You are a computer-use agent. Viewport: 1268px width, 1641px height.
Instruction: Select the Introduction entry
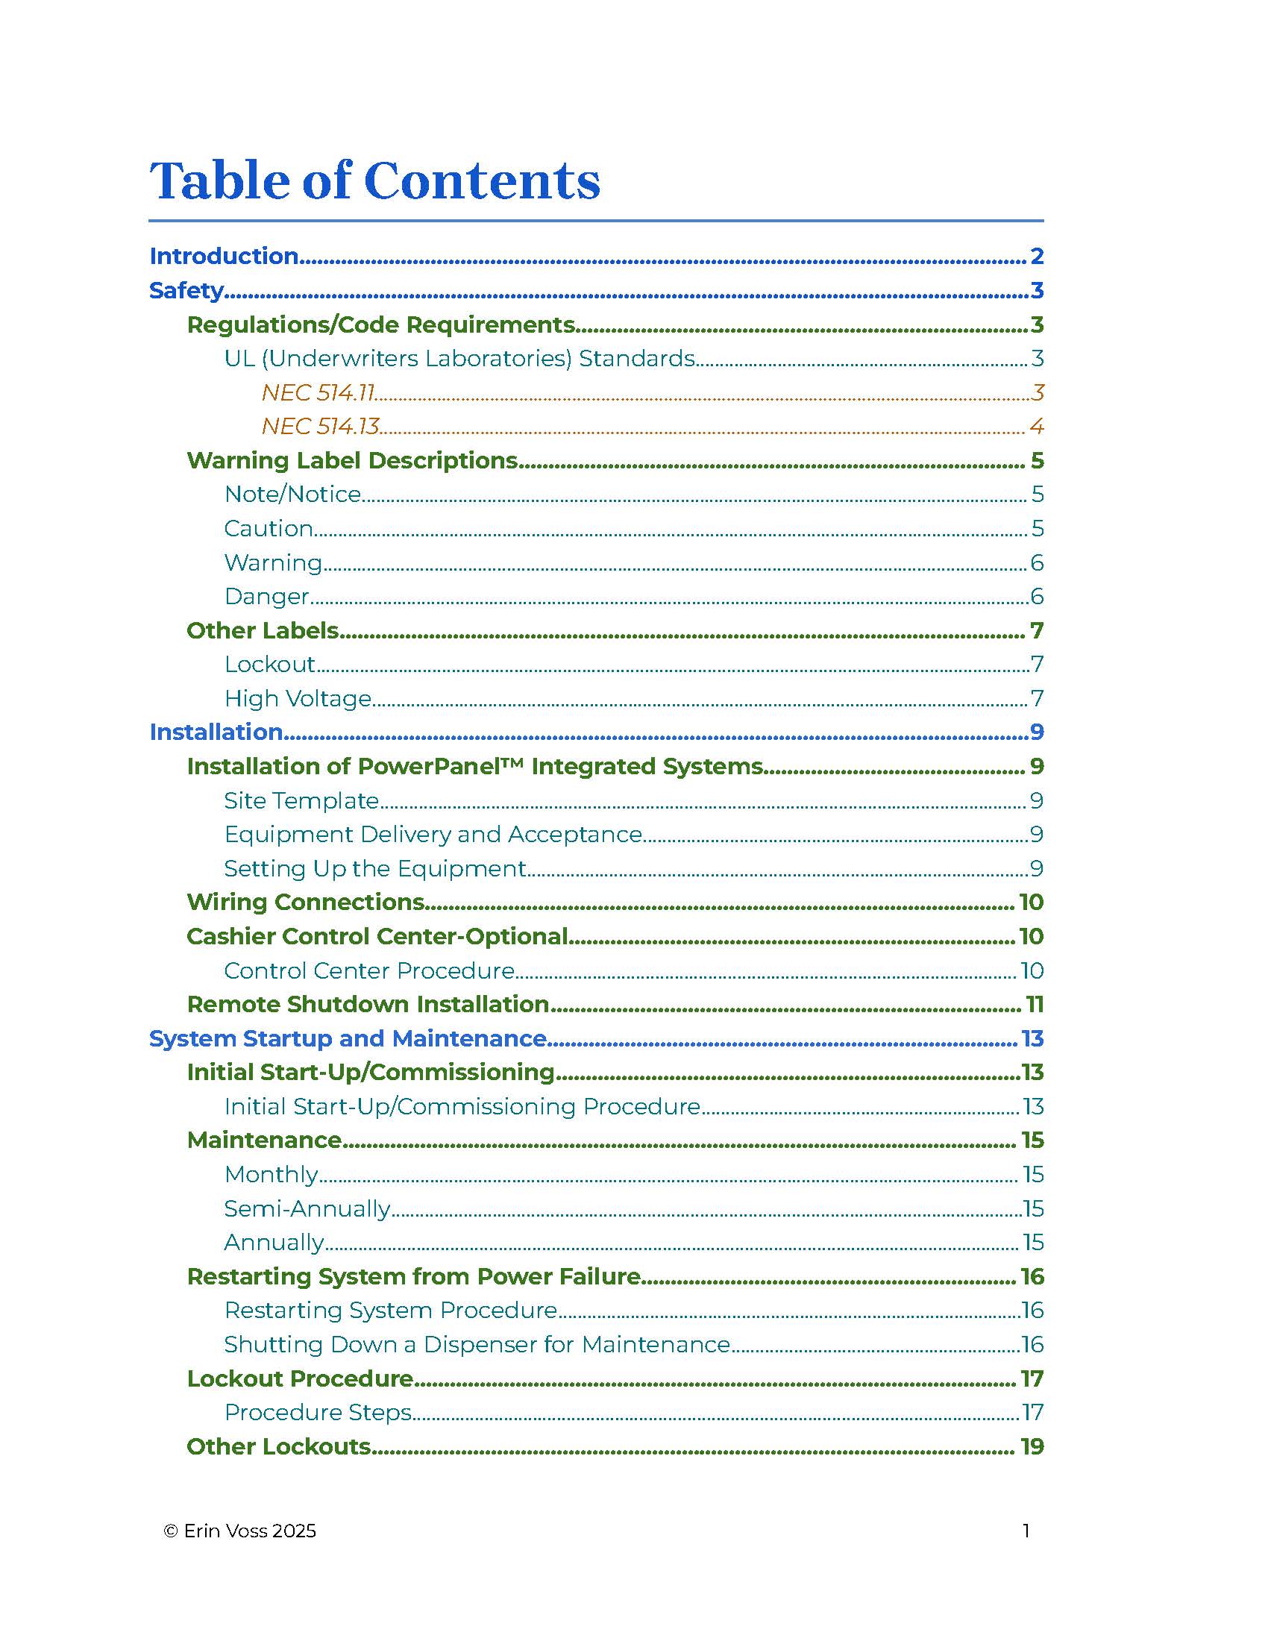pyautogui.click(x=224, y=256)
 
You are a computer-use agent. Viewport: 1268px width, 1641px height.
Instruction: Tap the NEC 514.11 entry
pyautogui.click(x=318, y=392)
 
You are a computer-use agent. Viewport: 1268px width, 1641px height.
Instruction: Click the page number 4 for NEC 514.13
pyautogui.click(x=1036, y=427)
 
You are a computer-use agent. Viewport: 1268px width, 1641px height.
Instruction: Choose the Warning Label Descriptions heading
pyautogui.click(x=352, y=459)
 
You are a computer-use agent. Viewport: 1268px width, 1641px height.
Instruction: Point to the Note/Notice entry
pyautogui.click(x=293, y=495)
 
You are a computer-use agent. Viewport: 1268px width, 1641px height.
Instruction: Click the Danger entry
pyautogui.click(x=267, y=597)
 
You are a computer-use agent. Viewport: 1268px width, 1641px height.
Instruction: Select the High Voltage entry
pyautogui.click(x=298, y=699)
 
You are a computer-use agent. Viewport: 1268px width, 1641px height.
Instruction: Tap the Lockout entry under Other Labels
pyautogui.click(x=270, y=664)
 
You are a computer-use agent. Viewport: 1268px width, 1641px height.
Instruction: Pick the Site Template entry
pyautogui.click(x=301, y=801)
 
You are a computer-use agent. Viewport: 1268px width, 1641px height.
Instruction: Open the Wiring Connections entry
pyautogui.click(x=306, y=903)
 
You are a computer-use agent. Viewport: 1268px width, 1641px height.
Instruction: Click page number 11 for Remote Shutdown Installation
pyautogui.click(x=1035, y=1005)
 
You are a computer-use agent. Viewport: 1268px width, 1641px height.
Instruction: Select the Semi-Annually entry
pyautogui.click(x=307, y=1209)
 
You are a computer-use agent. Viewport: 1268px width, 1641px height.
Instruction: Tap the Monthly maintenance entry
pyautogui.click(x=272, y=1174)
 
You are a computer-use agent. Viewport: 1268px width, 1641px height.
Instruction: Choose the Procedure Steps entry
pyautogui.click(x=318, y=1413)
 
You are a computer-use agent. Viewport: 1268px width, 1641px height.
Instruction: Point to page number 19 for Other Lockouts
pyautogui.click(x=1032, y=1446)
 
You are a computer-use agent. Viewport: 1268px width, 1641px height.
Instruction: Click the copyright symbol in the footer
pyautogui.click(x=172, y=1531)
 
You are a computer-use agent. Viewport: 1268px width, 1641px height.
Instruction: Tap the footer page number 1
pyautogui.click(x=1026, y=1531)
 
